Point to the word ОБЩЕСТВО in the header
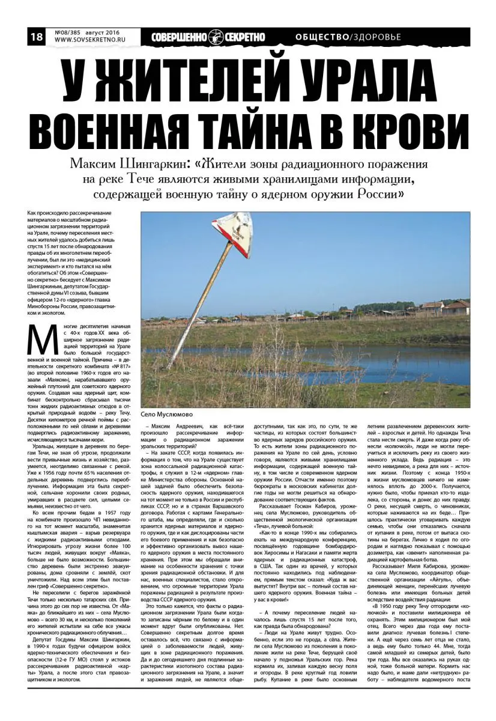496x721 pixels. [x=322, y=37]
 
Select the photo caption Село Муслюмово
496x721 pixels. [x=166, y=413]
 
